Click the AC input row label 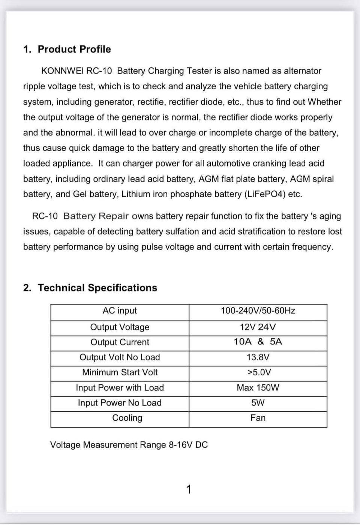click(120, 311)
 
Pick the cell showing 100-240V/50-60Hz click(258, 311)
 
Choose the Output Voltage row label click(120, 327)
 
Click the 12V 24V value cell click(258, 327)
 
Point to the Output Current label click(120, 342)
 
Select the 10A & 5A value click(258, 342)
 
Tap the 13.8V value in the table click(258, 357)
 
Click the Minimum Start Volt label click(120, 372)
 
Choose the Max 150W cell click(258, 388)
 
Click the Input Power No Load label click(120, 403)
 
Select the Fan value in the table click(258, 418)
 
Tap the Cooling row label click(127, 418)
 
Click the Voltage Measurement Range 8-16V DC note click(129, 445)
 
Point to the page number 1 click(189, 489)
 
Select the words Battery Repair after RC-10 click(96, 216)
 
